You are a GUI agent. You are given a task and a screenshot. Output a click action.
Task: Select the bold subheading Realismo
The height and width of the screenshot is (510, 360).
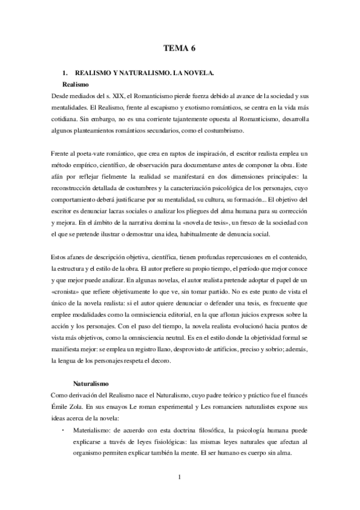[x=76, y=85]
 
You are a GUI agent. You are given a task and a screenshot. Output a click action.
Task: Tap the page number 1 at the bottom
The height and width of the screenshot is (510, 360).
[x=180, y=478]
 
